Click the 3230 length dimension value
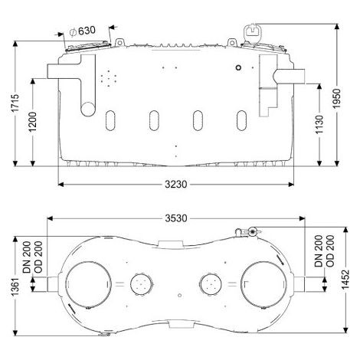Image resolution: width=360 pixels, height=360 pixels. pos(176,184)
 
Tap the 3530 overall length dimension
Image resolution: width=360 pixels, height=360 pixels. pos(176,218)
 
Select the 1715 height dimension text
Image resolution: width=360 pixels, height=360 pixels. pos(16,103)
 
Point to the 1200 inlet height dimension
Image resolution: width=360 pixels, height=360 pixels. pos(32,122)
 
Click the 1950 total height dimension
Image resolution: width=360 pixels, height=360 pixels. pos(337,98)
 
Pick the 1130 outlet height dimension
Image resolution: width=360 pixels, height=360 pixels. pos(319,125)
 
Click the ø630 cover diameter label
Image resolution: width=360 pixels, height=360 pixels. pos(82,31)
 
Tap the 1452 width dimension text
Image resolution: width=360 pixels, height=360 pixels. pos(345,280)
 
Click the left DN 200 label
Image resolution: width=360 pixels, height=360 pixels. pos(27,257)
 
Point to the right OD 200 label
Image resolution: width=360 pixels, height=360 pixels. pos(330,251)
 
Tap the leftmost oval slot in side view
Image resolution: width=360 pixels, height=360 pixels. pos(110,120)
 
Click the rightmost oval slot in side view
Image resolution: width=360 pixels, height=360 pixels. pos(241,120)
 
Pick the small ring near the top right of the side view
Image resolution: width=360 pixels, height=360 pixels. pos(238,67)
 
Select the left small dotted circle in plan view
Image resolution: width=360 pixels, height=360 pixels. pos(142,284)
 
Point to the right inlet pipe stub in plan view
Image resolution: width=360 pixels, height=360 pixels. pos(299,284)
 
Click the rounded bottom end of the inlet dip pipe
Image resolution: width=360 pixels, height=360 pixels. pos(88,110)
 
